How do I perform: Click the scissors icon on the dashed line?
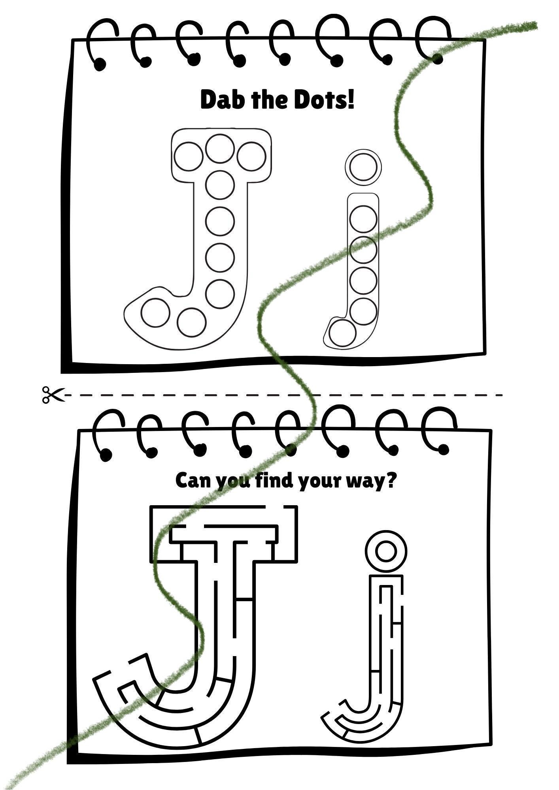click(x=53, y=395)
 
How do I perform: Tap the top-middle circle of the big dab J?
click(x=220, y=149)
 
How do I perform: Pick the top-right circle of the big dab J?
click(x=251, y=156)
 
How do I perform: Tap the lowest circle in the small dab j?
click(x=342, y=333)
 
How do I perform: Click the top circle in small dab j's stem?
click(x=363, y=218)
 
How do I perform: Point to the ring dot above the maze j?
click(x=385, y=551)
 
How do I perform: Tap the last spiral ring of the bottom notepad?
click(x=439, y=431)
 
